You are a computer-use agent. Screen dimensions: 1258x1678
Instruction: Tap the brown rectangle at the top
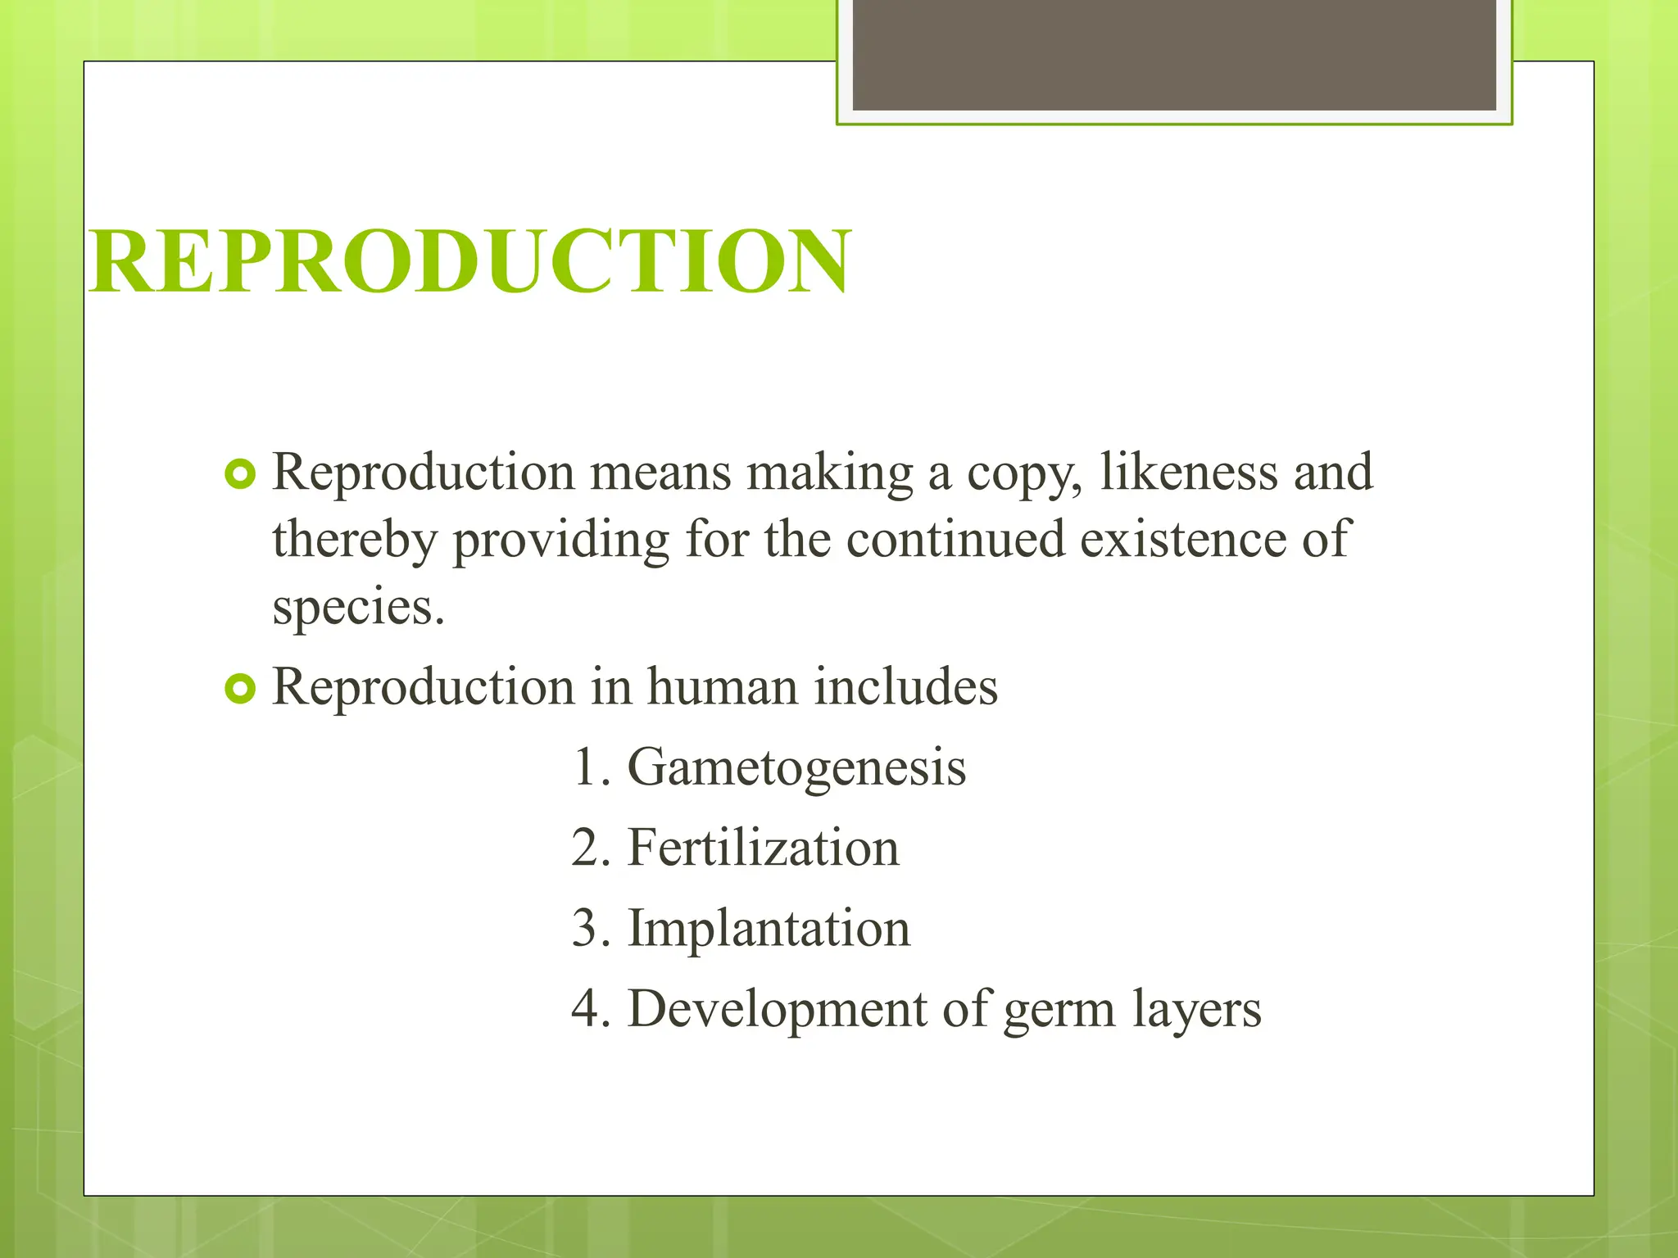click(1174, 55)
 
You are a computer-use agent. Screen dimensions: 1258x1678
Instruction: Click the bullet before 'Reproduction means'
click(240, 473)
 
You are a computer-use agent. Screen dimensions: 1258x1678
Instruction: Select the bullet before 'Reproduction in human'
click(240, 688)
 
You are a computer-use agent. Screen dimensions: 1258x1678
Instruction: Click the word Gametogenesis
click(796, 768)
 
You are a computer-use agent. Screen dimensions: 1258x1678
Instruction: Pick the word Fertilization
click(764, 848)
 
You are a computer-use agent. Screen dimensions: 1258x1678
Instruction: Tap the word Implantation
click(769, 928)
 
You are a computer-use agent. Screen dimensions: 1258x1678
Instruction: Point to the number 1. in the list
click(591, 768)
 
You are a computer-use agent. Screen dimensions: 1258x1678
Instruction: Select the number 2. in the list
click(591, 848)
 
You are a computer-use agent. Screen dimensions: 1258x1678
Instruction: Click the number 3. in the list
click(591, 928)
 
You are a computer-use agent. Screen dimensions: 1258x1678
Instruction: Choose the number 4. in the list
click(591, 1008)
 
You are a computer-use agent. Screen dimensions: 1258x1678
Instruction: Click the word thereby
click(354, 541)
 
